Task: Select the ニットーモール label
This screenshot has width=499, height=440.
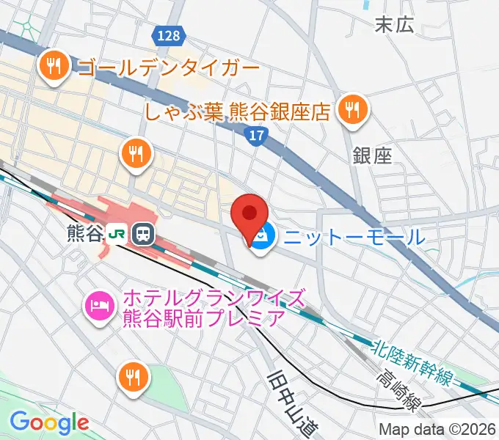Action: tap(354, 237)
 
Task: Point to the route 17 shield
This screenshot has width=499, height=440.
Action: tap(254, 135)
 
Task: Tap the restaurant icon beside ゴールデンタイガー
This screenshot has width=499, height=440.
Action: tap(54, 67)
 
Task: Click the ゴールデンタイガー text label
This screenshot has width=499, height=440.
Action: tap(168, 69)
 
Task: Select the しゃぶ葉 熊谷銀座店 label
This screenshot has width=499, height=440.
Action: tap(236, 111)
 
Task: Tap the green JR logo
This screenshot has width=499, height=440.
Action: tap(116, 233)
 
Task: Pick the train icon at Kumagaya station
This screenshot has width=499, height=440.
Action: tap(142, 234)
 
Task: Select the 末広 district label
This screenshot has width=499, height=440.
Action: tap(395, 25)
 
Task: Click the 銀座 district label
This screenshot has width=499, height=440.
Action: tap(372, 155)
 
